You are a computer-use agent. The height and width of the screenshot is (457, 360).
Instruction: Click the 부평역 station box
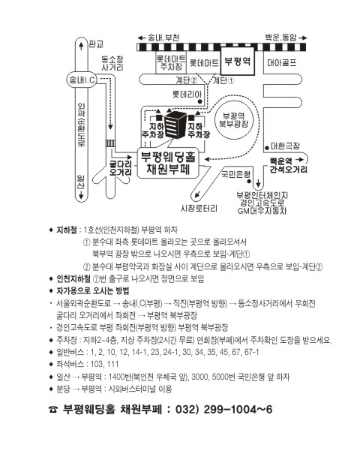click(238, 62)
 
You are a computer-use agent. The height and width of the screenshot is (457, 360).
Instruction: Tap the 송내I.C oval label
click(82, 80)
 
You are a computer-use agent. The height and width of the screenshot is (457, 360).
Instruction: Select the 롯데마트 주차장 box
click(171, 62)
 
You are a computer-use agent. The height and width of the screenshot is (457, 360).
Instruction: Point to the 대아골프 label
click(282, 63)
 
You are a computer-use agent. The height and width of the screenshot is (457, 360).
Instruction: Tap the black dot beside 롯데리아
click(200, 101)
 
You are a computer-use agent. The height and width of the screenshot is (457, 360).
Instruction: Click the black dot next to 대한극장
click(267, 148)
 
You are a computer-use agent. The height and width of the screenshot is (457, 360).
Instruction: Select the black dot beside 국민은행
click(249, 181)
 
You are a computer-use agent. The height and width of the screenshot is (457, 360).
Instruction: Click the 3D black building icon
click(175, 125)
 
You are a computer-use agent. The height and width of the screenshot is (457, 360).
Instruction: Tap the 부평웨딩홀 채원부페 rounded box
click(168, 163)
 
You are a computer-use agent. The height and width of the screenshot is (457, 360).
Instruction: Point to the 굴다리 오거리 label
click(121, 168)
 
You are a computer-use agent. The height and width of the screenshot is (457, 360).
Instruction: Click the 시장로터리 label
click(199, 209)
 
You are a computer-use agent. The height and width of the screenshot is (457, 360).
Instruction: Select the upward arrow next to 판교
click(81, 46)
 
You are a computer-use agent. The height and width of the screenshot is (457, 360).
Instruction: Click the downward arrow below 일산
click(81, 195)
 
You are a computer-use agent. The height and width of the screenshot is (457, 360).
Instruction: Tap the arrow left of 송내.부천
click(142, 38)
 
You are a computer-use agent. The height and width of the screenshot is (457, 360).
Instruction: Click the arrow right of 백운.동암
click(303, 38)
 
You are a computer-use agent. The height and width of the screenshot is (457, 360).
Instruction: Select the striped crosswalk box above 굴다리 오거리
click(110, 143)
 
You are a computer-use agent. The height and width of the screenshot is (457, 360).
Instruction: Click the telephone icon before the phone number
click(53, 410)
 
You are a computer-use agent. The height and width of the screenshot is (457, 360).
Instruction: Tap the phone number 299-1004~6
click(238, 410)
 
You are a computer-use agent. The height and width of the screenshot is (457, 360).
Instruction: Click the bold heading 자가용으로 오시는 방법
click(92, 291)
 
